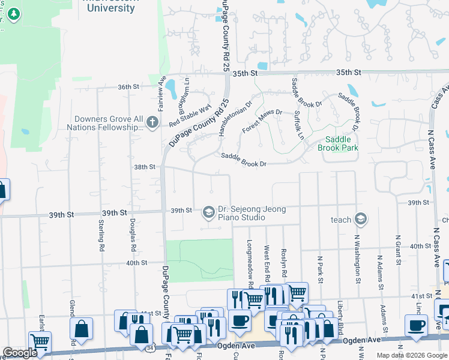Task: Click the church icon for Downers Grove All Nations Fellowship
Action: pos(152,124)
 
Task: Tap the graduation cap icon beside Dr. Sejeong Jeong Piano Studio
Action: pos(209,211)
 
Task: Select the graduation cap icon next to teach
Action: pos(360,219)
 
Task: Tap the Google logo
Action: pos(20,353)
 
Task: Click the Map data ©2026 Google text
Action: pos(411,355)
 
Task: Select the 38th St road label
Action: pos(145,167)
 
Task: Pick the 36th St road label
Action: pos(128,87)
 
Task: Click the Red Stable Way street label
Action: pos(190,114)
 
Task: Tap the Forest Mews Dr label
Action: pos(262,122)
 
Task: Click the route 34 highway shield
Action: pos(148,347)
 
